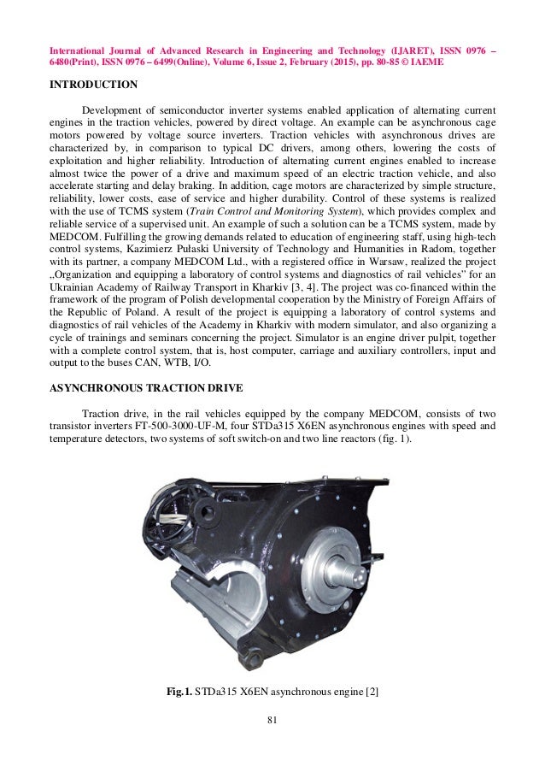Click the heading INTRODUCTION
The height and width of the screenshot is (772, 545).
93,85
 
